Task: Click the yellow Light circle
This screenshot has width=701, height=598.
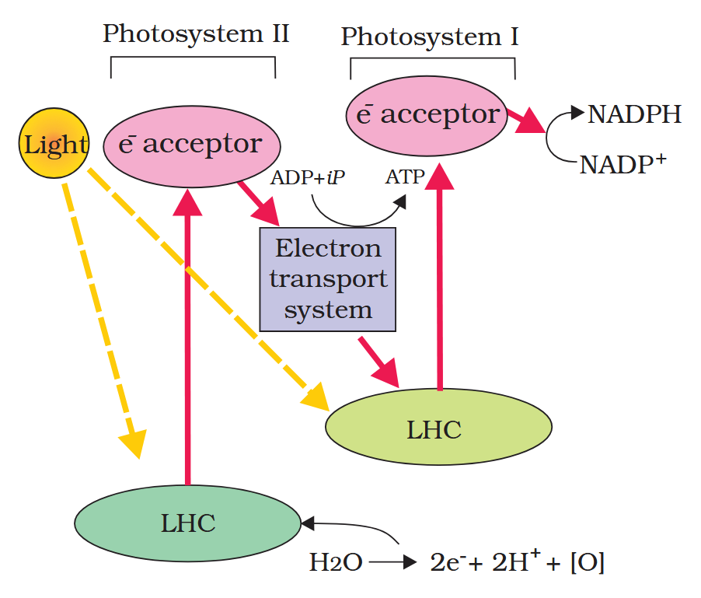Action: point(54,144)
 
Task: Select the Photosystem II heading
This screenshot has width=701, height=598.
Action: point(196,34)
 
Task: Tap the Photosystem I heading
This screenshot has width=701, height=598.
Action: point(430,37)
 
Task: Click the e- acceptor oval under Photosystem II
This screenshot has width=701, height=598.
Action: point(190,145)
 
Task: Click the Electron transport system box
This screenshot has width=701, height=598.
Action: point(328,279)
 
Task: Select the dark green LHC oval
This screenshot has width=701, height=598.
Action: point(187,523)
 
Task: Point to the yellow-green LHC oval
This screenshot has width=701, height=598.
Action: point(438,428)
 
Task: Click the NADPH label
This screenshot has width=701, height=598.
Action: point(634,115)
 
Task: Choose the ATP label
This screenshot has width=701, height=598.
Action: point(405,177)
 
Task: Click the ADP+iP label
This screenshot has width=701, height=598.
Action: point(308,177)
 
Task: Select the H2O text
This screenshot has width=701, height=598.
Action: point(336,562)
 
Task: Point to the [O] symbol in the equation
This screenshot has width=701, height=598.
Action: point(587,562)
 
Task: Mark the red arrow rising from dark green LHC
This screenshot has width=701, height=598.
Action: point(187,342)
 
